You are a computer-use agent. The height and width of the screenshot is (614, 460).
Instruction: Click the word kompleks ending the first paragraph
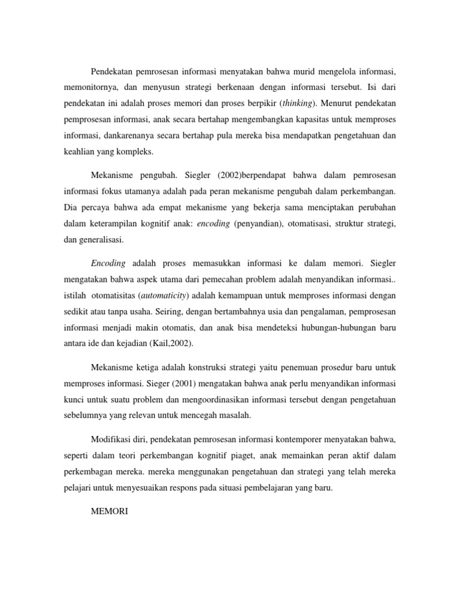[137, 152]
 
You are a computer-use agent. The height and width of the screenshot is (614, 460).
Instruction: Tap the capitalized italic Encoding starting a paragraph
[108, 264]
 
